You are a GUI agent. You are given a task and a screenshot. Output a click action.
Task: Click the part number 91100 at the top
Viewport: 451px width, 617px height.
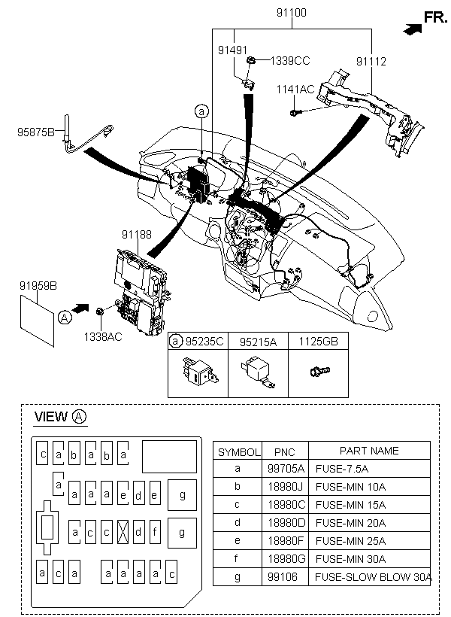click(x=292, y=13)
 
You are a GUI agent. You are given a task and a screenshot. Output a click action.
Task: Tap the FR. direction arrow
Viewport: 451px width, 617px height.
click(x=413, y=29)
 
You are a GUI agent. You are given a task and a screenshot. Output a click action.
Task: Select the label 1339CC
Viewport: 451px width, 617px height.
click(x=290, y=61)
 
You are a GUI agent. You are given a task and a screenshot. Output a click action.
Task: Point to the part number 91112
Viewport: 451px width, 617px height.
click(x=371, y=62)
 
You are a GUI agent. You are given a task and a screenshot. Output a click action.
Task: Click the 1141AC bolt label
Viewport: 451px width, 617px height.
click(x=295, y=90)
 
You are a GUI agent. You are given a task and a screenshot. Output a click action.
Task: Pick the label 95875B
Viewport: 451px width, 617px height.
click(x=36, y=132)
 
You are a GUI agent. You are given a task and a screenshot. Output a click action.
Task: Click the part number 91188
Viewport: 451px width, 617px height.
click(x=137, y=235)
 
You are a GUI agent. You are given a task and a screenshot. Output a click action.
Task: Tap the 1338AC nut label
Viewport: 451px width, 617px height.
click(x=103, y=337)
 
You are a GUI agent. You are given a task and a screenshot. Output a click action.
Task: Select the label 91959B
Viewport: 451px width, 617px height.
click(x=38, y=286)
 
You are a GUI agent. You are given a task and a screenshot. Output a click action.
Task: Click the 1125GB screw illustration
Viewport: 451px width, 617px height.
click(x=319, y=371)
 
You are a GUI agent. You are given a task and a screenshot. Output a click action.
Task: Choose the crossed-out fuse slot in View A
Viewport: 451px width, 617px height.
click(x=123, y=532)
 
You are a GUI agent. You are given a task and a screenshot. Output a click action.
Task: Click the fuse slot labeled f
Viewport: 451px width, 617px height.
click(x=155, y=532)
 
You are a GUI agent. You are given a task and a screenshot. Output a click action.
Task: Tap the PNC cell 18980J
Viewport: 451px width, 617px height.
click(x=286, y=487)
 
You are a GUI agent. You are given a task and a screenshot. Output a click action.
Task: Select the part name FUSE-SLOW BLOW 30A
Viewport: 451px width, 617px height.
click(x=373, y=577)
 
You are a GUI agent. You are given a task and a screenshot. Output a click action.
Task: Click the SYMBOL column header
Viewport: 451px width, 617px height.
click(x=239, y=452)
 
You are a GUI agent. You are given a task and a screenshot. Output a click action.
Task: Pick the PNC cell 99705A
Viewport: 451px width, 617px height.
click(x=286, y=469)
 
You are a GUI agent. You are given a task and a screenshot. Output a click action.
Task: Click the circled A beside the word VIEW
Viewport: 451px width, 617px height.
click(x=80, y=416)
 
